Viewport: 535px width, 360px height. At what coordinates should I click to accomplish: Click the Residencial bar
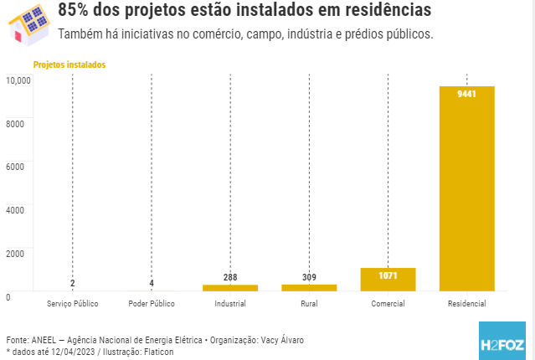point(466,188)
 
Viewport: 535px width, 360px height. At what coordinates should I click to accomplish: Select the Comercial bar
point(388,280)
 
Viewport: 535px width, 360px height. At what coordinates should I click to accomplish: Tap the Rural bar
point(309,287)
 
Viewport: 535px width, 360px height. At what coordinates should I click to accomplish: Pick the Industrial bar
point(230,287)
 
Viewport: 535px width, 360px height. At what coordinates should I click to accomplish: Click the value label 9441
point(466,94)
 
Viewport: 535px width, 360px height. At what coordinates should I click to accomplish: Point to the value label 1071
point(388,275)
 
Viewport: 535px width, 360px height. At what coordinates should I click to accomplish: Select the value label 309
point(309,277)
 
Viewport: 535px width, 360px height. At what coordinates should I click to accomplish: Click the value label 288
point(230,277)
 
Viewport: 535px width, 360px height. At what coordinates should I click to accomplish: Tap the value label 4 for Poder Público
point(152,283)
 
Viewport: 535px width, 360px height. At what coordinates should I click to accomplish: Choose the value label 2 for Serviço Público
point(73,283)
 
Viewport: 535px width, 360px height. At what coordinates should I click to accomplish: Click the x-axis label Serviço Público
point(73,303)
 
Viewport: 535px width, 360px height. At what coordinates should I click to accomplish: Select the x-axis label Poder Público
point(152,303)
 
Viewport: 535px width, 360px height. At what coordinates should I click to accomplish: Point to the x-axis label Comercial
point(388,303)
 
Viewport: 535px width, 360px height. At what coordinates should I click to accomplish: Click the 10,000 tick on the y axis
point(18,80)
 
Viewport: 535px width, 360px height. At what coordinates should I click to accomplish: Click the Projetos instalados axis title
point(69,64)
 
